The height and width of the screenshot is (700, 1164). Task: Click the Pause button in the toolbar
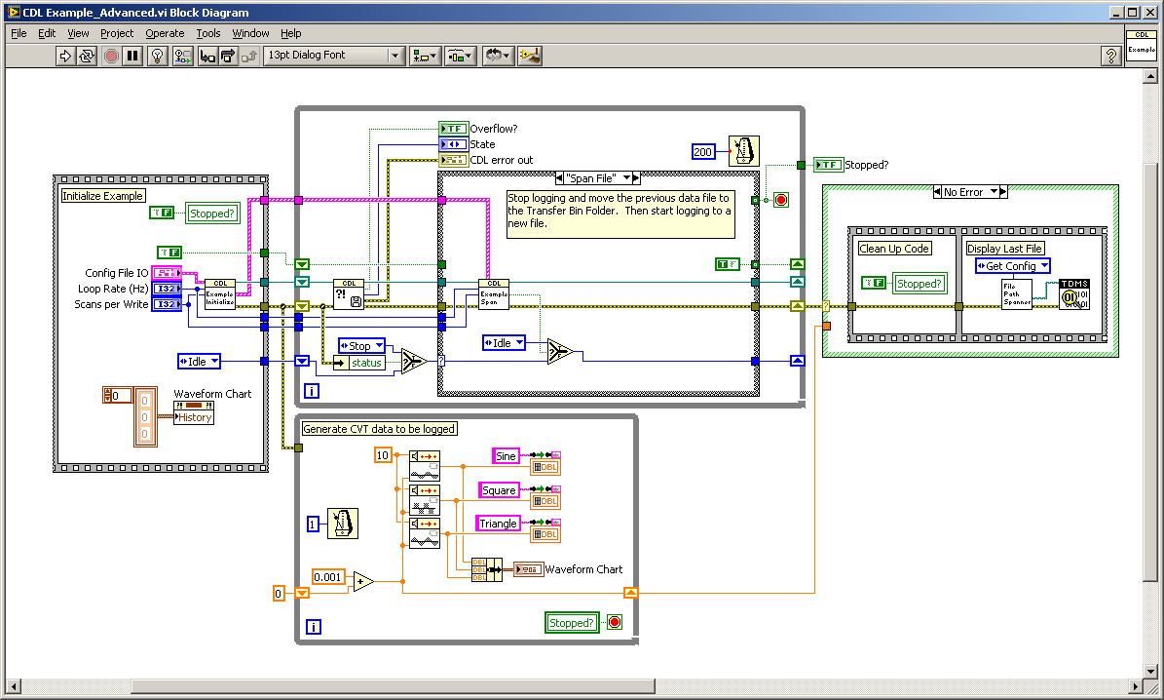click(x=133, y=56)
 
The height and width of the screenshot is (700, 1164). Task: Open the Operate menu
click(x=165, y=33)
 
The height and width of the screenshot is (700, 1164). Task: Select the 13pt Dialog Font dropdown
click(x=334, y=56)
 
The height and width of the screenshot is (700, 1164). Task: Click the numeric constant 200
click(x=704, y=151)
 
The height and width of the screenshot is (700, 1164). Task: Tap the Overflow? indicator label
click(x=494, y=129)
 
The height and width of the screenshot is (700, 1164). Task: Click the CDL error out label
click(x=501, y=160)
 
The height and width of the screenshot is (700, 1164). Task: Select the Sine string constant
click(x=506, y=456)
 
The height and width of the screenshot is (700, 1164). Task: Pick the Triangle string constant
click(x=498, y=524)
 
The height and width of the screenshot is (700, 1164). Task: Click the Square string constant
click(x=499, y=490)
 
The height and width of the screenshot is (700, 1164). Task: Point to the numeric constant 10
click(x=383, y=455)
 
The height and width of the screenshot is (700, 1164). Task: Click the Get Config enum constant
click(x=1013, y=266)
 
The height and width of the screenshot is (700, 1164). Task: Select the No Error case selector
click(x=969, y=192)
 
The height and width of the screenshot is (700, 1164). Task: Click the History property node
click(x=194, y=417)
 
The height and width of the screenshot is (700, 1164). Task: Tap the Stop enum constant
click(x=360, y=346)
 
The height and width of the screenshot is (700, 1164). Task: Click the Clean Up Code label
click(x=894, y=249)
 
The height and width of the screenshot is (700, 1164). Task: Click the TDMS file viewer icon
click(x=1075, y=293)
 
